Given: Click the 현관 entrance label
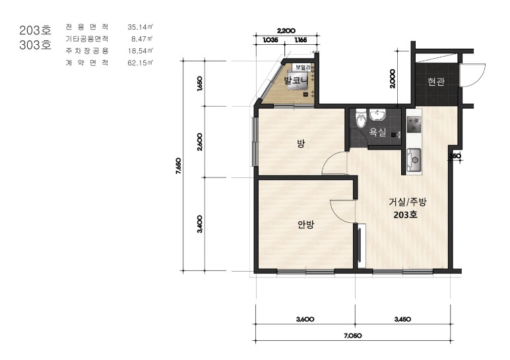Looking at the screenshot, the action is (x=436, y=82).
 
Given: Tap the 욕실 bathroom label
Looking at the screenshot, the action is (x=377, y=132).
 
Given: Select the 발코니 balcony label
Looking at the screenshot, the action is (x=296, y=80).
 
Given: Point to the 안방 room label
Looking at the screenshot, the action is (x=305, y=224).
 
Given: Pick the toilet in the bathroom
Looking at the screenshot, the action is (x=361, y=119).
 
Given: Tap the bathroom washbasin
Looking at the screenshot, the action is (x=378, y=115).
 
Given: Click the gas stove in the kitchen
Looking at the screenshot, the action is (x=414, y=125).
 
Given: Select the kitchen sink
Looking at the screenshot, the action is (x=414, y=160).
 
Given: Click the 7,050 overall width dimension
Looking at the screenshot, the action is (x=353, y=336).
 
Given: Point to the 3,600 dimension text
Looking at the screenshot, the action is (x=305, y=319).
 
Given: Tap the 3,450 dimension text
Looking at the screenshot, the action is (x=402, y=319).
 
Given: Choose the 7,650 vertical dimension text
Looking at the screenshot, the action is (x=178, y=165).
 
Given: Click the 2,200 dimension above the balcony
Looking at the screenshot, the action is (x=286, y=31).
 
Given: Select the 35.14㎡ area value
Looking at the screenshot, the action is (x=140, y=27).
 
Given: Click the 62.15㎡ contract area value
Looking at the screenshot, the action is (x=140, y=63).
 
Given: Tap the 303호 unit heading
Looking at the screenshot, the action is (x=36, y=45).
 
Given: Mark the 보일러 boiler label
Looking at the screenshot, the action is (x=302, y=67).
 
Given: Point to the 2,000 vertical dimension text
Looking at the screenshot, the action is (x=393, y=78).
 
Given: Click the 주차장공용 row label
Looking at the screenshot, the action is (x=87, y=51).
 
